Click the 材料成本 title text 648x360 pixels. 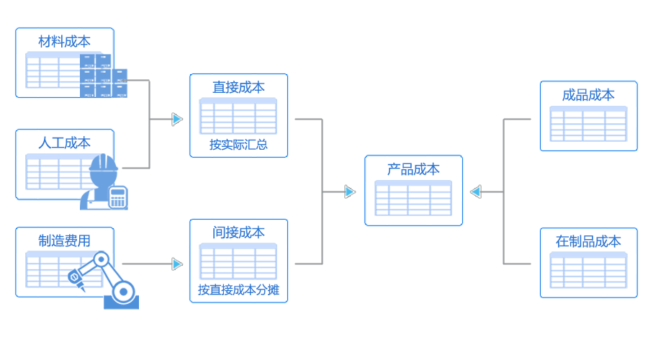(x=65, y=41)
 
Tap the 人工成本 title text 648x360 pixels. (x=65, y=143)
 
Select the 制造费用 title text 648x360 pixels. (x=65, y=240)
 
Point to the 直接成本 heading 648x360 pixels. (x=238, y=87)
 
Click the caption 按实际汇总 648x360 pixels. (x=238, y=145)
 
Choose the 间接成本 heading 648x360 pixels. (x=238, y=233)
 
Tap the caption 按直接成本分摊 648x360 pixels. (x=238, y=292)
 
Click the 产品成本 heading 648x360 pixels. (x=413, y=169)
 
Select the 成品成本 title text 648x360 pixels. (x=588, y=94)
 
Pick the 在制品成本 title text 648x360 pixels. (x=588, y=241)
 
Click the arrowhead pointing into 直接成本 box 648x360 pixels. (x=177, y=120)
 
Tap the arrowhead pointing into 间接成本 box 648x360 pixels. (x=177, y=264)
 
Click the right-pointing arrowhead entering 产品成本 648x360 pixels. (x=350, y=192)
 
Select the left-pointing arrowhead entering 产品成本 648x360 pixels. (x=475, y=192)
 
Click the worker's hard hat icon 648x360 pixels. (x=104, y=166)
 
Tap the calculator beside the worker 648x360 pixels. (x=117, y=197)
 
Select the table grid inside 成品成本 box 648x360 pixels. (x=588, y=124)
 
